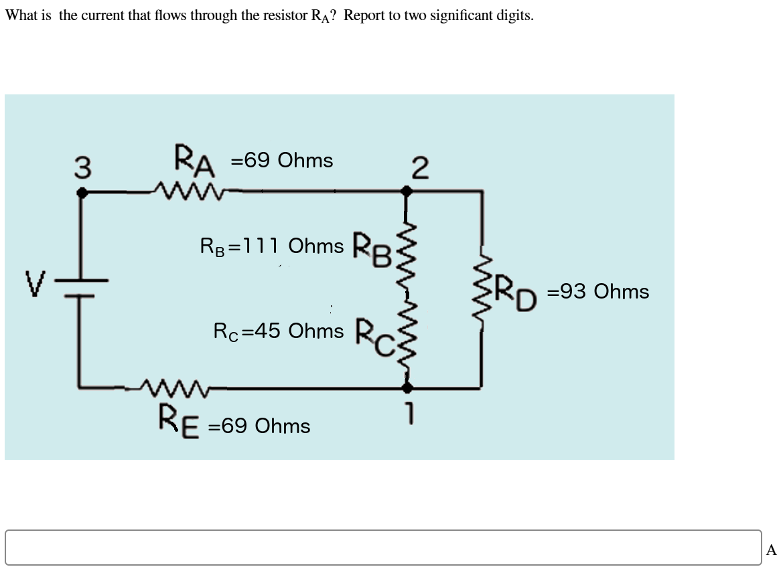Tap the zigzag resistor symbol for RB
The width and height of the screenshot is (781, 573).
tap(406, 251)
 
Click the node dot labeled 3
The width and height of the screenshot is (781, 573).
tap(82, 192)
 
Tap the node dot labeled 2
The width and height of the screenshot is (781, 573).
tap(406, 191)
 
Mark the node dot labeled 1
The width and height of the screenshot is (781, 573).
tap(406, 387)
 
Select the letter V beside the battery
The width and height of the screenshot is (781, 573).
tap(34, 284)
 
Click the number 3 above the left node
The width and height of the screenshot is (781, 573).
tap(82, 167)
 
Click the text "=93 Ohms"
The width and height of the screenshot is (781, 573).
tap(597, 292)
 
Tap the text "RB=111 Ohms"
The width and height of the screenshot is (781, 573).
tap(272, 246)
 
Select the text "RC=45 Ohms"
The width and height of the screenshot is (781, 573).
tap(278, 331)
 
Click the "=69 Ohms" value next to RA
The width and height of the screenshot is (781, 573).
tap(281, 161)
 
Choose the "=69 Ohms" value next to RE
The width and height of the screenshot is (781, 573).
tap(259, 426)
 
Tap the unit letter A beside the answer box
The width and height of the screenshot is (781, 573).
tap(771, 550)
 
